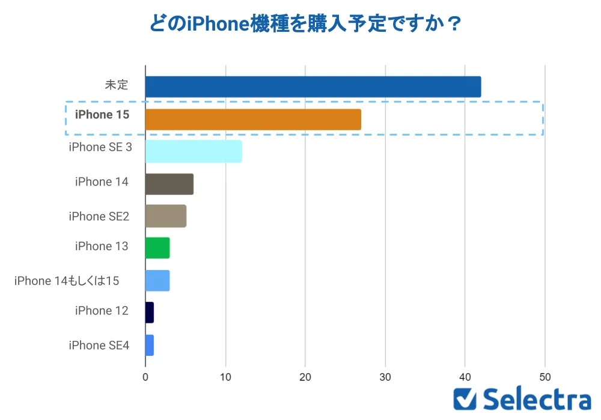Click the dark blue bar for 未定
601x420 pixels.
[313, 86]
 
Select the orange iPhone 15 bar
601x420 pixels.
[253, 119]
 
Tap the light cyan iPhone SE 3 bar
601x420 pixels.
[194, 151]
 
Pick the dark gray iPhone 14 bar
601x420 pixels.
[169, 184]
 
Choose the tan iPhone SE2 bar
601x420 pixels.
[166, 216]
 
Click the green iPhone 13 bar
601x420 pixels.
[157, 248]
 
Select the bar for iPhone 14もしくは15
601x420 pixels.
[157, 280]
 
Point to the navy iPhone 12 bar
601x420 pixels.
[150, 313]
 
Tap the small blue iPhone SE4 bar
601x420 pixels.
[150, 345]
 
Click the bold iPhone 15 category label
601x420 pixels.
[102, 114]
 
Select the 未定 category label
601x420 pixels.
[117, 85]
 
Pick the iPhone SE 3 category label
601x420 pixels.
[100, 147]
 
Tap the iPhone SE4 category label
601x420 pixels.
[99, 345]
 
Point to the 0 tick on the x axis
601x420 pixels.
[145, 377]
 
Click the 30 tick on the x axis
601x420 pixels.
[385, 377]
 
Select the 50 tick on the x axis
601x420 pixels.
[545, 377]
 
